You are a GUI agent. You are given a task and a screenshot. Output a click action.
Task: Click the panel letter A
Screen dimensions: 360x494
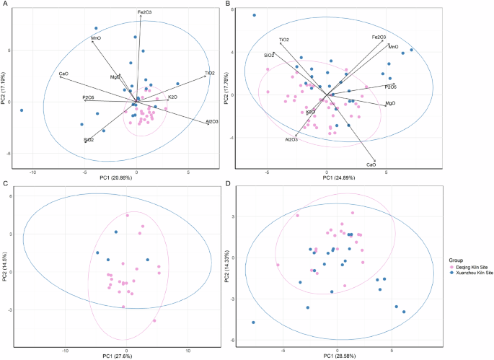pos(6,6)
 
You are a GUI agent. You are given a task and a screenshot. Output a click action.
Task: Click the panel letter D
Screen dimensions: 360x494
pos(229,184)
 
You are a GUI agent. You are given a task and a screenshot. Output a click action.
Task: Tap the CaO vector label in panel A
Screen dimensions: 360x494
pos(63,74)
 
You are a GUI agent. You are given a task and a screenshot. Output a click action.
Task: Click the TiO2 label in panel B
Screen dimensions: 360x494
pos(284,40)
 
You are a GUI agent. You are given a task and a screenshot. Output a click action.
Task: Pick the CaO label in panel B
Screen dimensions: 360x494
pos(371,165)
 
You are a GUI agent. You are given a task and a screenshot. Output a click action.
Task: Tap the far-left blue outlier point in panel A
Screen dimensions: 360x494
pos(22,110)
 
